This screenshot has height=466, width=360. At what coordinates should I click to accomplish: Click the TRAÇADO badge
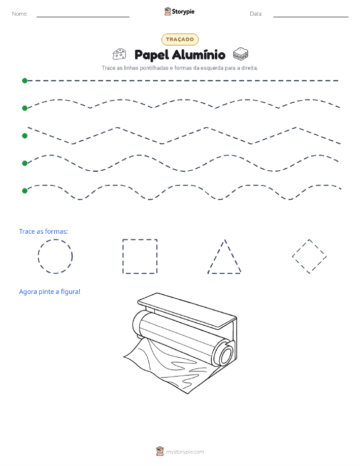pos(180,39)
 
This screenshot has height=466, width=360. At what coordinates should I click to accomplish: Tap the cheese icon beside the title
pos(119,54)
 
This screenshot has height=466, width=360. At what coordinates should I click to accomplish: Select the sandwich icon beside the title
pos(240,54)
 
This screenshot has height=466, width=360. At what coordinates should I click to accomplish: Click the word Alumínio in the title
pos(199,55)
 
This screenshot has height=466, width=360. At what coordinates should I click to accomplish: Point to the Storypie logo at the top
pos(179,12)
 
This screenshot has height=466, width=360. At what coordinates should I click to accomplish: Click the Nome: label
pos(20,14)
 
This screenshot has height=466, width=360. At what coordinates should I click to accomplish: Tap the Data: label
pos(256,14)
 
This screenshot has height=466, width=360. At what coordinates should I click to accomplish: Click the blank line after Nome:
pos(83,17)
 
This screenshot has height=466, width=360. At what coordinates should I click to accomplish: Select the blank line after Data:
pos(311,17)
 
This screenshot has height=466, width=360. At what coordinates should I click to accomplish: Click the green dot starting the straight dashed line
pos(25,80)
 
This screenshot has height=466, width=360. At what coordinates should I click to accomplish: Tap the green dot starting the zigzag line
pos(25,136)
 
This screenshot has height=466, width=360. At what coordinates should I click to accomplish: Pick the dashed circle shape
pos(55,239)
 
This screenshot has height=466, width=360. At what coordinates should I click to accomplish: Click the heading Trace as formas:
pos(43,232)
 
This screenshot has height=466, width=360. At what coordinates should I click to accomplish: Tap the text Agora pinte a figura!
pos(50,292)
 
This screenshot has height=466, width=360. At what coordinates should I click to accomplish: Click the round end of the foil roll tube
pos(226,355)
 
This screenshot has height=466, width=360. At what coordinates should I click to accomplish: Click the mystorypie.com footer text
pos(185,452)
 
